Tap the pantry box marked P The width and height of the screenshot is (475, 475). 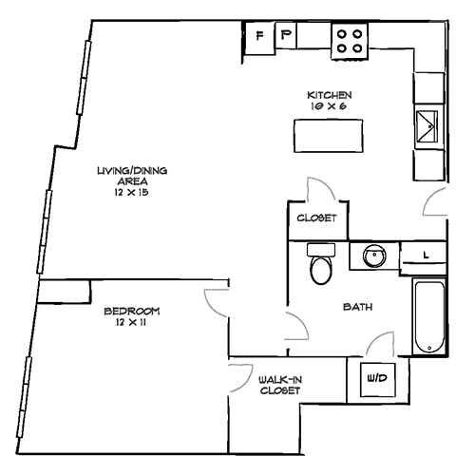[x=286, y=37]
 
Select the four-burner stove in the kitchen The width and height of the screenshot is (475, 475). [x=350, y=38]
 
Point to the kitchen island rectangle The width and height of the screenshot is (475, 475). [x=324, y=137]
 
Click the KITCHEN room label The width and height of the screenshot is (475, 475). [x=330, y=96]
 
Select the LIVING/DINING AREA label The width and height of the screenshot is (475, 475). [x=132, y=176]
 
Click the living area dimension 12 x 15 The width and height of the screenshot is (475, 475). [x=132, y=192]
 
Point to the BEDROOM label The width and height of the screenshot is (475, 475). [x=132, y=312]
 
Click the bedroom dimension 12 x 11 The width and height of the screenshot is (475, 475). [x=132, y=323]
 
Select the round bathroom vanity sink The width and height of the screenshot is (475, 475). [x=372, y=256]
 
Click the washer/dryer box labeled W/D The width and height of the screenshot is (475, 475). [x=376, y=379]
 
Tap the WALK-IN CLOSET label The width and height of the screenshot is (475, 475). [x=281, y=385]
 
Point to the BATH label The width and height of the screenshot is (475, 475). [x=357, y=307]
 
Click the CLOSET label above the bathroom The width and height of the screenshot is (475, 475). [x=317, y=218]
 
